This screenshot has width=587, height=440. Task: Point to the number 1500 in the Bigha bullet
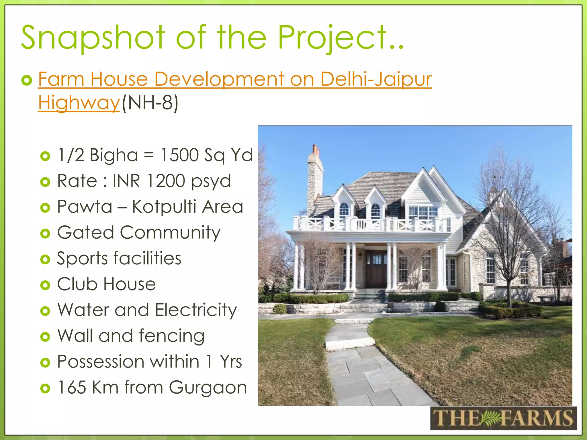(x=179, y=155)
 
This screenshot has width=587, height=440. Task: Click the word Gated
(x=85, y=232)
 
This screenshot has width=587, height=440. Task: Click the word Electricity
(x=196, y=310)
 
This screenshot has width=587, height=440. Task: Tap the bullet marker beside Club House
(x=45, y=285)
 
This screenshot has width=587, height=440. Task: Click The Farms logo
(x=503, y=418)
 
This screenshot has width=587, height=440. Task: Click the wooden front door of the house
(x=376, y=269)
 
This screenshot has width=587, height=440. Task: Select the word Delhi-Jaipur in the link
(x=376, y=79)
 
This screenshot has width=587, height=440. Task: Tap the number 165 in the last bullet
(x=72, y=388)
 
